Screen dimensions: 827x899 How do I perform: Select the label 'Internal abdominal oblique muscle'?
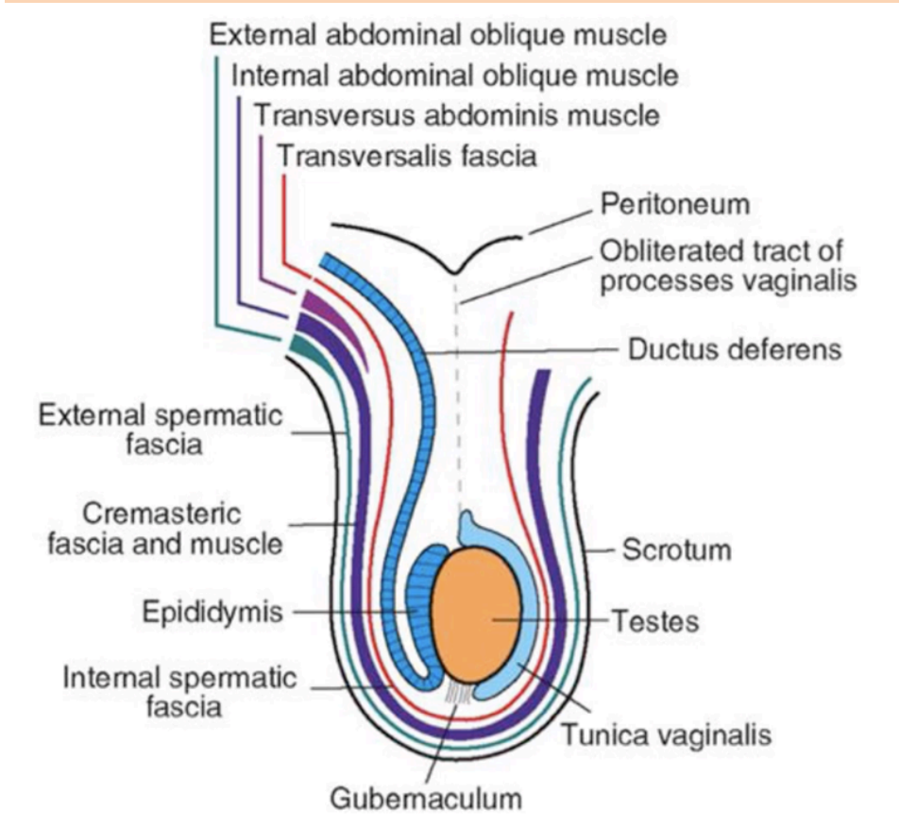tap(453, 75)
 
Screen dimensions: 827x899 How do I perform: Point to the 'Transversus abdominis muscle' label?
tap(457, 115)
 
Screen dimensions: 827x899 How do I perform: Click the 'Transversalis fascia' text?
tap(407, 155)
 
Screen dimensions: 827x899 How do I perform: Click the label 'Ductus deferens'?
tap(734, 349)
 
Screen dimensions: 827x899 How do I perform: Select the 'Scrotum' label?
tap(676, 549)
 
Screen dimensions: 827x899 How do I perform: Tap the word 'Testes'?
tap(655, 621)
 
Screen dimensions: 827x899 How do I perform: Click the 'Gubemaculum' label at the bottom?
tap(425, 799)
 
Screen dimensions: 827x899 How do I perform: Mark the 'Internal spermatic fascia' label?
tap(179, 691)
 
